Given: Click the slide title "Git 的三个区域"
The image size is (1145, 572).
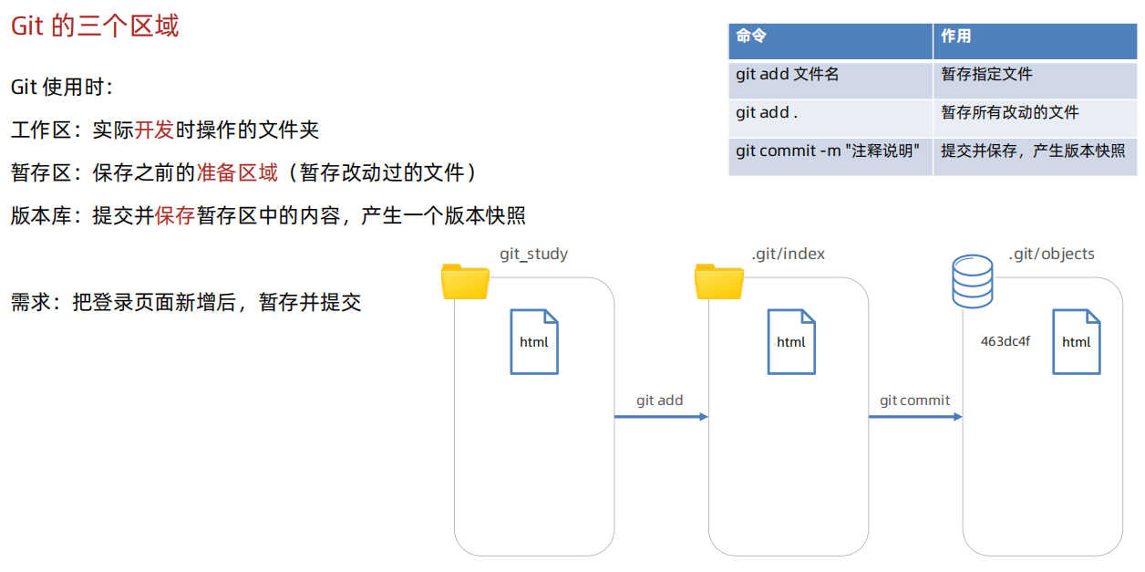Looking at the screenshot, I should (95, 26).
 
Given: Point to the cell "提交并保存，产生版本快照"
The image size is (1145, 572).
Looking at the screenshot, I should (1033, 151).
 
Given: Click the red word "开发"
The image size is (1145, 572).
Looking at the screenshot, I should (155, 130).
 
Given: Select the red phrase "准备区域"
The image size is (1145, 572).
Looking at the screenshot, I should (237, 172).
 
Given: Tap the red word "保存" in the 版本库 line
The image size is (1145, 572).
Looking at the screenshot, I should (175, 215).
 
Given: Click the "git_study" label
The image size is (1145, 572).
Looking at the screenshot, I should (533, 254).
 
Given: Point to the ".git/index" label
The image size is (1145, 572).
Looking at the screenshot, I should (788, 254).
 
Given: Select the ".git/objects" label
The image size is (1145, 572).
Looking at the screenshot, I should (1051, 254).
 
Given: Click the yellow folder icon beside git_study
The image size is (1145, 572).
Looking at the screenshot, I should (465, 281).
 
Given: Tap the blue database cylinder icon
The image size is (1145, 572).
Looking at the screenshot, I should (972, 281).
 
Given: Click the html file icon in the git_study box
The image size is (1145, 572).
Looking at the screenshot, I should (534, 342).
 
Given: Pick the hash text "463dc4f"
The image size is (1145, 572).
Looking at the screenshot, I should (1006, 342).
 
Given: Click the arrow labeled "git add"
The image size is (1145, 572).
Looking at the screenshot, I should (661, 416).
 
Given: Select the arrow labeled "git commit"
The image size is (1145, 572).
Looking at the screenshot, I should (914, 416).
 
